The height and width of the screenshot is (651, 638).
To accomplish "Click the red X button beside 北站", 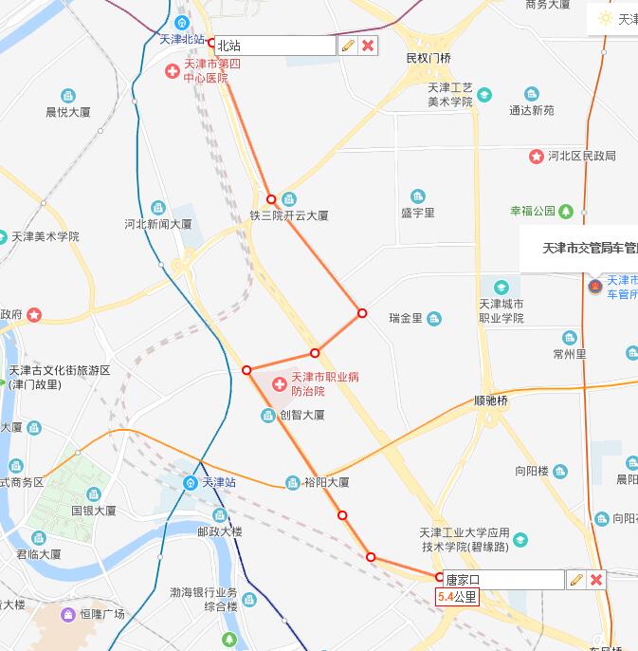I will point(368,46).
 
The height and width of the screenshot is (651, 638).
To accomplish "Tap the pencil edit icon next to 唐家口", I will point(575,580).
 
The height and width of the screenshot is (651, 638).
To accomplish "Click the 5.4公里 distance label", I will point(457,597).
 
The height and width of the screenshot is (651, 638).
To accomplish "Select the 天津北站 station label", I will point(181,39).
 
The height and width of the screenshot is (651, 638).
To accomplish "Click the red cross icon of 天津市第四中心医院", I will point(173,70).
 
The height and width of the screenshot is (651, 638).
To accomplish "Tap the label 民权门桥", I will point(428,58).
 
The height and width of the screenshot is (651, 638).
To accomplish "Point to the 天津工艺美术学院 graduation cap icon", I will point(484,94).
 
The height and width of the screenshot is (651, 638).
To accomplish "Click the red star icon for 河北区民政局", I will point(537,156).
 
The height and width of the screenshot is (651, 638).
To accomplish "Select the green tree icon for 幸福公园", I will point(566,211).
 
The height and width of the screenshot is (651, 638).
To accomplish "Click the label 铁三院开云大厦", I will point(289,215).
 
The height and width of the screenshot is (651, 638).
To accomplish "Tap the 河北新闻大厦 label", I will point(158,225).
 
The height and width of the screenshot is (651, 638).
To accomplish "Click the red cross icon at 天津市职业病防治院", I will point(279,384).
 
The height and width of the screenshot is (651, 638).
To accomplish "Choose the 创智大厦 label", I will point(302,415).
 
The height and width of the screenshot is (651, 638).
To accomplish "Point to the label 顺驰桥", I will point(491,400).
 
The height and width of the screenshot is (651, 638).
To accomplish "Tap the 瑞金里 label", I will point(406,318).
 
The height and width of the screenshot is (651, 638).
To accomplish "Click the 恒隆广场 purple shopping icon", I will point(68,614).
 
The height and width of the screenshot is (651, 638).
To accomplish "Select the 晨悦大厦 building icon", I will point(68,96).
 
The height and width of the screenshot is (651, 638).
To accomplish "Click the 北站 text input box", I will point(274,46).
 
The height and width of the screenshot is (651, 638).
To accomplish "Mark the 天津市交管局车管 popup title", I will point(580,249).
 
